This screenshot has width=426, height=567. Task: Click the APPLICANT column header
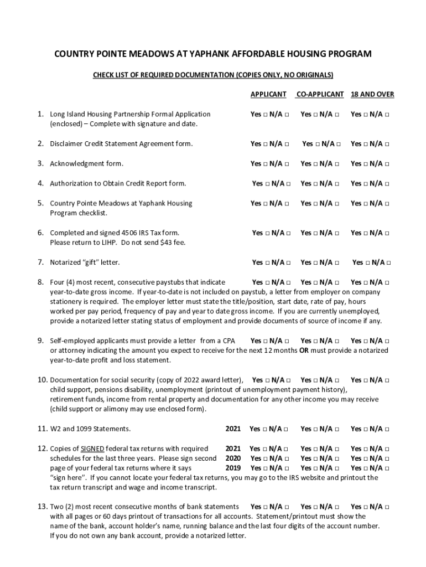268,95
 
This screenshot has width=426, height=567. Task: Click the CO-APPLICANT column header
320,95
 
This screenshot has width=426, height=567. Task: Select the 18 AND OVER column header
372,95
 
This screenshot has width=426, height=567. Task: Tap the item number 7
40,262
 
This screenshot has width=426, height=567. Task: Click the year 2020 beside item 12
233,458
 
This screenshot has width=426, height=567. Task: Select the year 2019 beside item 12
233,468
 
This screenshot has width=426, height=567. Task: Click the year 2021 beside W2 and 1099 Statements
233,429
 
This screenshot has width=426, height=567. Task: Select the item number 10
43,380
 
